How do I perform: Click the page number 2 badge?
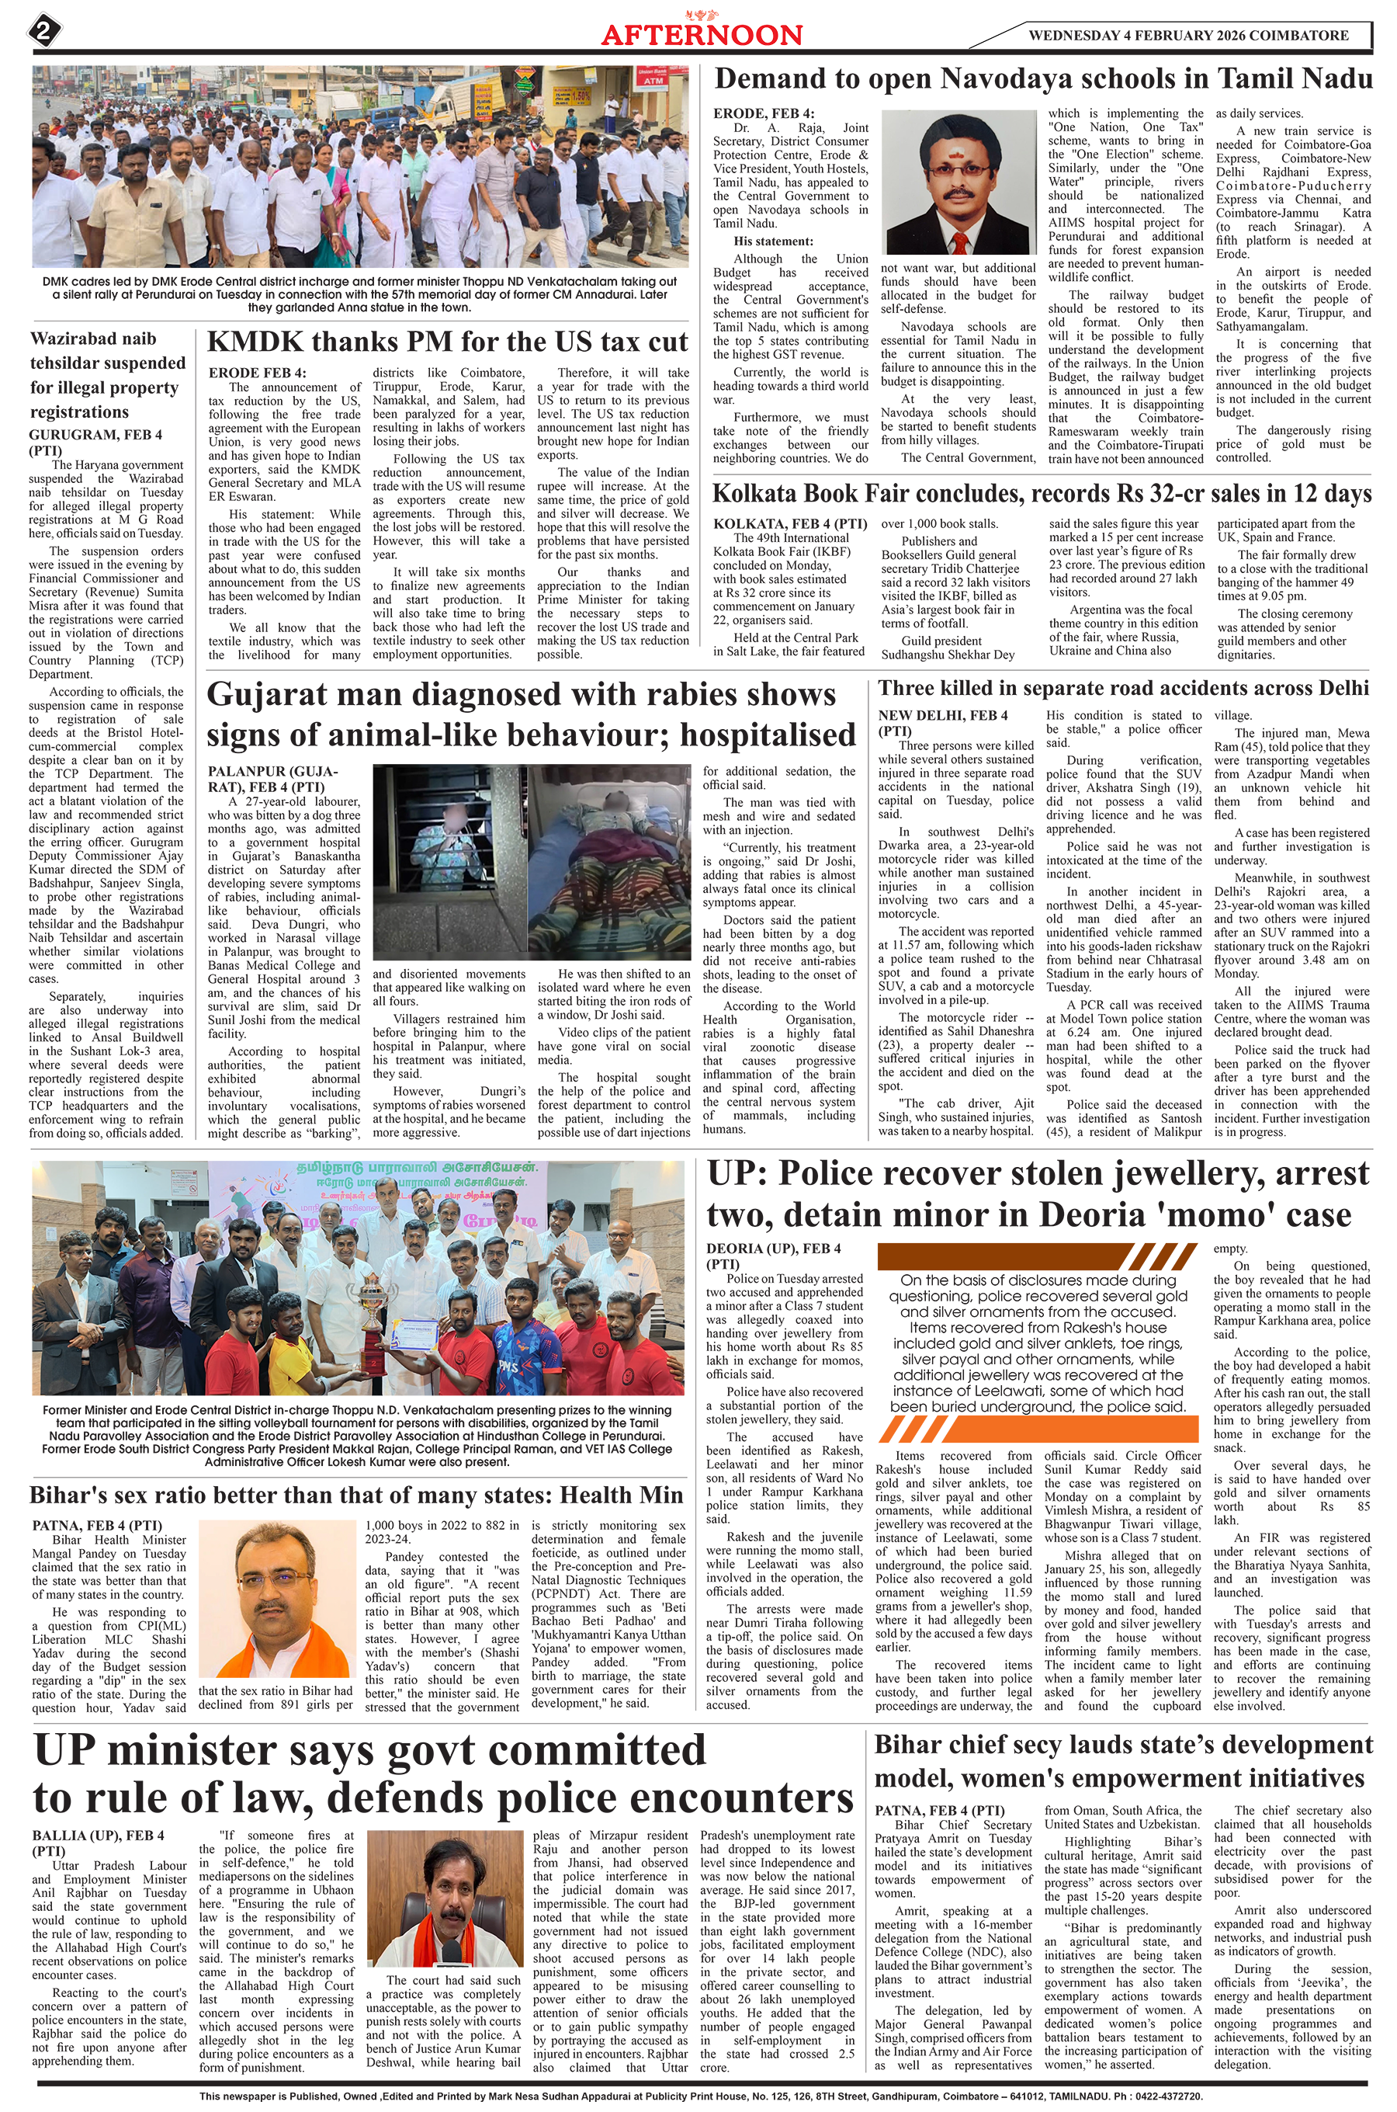pyautogui.click(x=44, y=33)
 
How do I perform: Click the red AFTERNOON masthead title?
pyautogui.click(x=701, y=36)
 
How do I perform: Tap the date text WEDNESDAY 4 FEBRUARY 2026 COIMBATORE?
pyautogui.click(x=1187, y=36)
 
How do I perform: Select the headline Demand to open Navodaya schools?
pyautogui.click(x=1042, y=79)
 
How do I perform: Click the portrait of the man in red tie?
pyautogui.click(x=958, y=182)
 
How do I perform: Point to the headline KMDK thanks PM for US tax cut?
pyautogui.click(x=447, y=342)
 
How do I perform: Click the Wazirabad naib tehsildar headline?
pyautogui.click(x=108, y=375)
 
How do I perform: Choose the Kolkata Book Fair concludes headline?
pyautogui.click(x=1041, y=494)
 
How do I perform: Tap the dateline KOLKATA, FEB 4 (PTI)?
pyautogui.click(x=789, y=523)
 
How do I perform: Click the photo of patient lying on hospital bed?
pyautogui.click(x=609, y=862)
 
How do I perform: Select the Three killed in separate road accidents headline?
pyautogui.click(x=1122, y=688)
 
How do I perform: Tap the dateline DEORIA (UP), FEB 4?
pyautogui.click(x=772, y=1249)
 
